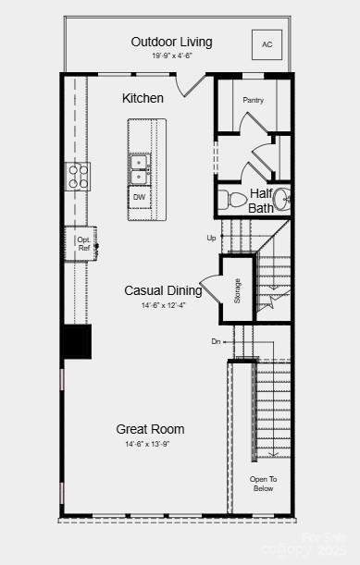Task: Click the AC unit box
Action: pos(267,44)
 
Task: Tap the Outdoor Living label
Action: pos(171,42)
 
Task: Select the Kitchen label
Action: pos(143,98)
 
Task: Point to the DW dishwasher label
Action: pos(139,197)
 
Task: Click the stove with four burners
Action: pos(77,175)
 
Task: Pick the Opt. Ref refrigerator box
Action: pos(82,243)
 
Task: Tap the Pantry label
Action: pos(254,100)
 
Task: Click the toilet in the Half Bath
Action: pos(228,199)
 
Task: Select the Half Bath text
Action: pos(261,201)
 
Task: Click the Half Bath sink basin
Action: pos(282,198)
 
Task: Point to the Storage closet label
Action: pos(237,289)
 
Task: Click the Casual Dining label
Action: pos(163,290)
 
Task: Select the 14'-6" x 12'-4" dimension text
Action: pos(163,305)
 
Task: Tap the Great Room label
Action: pos(150,429)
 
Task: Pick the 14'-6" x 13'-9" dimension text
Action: pos(150,444)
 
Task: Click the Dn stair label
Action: pos(217,342)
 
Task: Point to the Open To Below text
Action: pos(263,484)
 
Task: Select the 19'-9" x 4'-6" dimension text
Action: pos(171,56)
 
